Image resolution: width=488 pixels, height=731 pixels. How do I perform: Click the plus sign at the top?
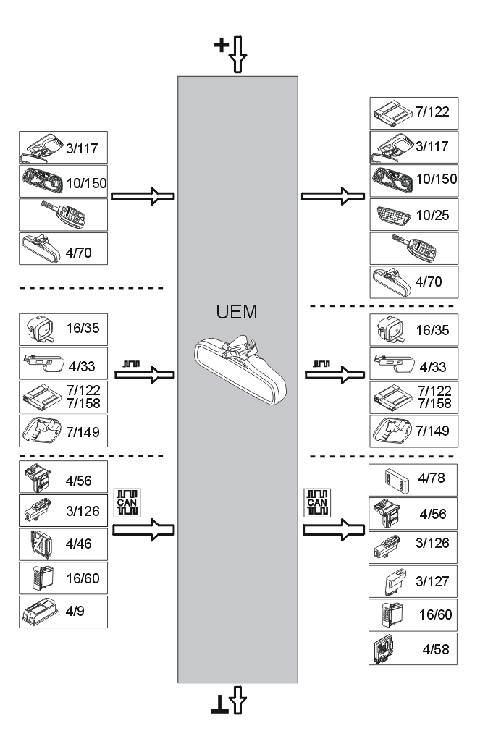[221, 46]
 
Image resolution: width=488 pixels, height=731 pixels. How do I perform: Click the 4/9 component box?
[63, 612]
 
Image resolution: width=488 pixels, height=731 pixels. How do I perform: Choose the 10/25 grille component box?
[413, 214]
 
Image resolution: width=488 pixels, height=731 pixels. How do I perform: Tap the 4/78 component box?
[413, 479]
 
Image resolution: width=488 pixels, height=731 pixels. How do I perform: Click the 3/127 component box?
[413, 581]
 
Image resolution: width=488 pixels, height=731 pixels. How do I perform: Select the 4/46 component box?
[63, 543]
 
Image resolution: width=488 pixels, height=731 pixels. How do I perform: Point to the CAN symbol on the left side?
[126, 502]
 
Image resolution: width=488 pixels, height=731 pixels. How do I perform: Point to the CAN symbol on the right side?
[316, 502]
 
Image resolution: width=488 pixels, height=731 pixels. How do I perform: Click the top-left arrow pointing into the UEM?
[143, 195]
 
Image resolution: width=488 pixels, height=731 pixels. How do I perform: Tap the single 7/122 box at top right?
[413, 113]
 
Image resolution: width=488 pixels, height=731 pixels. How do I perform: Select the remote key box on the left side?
[63, 215]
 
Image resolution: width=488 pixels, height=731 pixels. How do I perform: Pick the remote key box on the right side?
[413, 248]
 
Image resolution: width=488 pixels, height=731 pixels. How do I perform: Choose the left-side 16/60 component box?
[63, 578]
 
